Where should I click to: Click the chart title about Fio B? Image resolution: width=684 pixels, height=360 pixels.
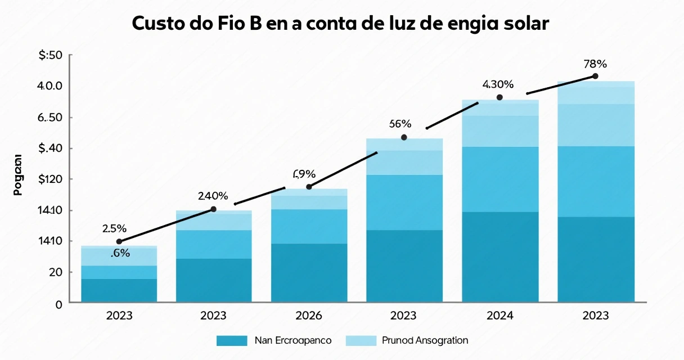click(340, 24)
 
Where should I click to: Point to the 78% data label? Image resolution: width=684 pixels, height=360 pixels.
click(595, 64)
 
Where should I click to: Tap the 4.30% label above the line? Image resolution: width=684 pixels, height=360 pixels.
click(498, 85)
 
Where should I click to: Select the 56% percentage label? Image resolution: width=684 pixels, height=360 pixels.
click(400, 124)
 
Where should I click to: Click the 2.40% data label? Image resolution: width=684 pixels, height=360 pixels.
click(213, 196)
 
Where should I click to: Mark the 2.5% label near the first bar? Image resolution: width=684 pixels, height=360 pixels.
click(114, 229)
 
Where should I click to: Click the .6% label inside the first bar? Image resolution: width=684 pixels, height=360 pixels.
click(120, 254)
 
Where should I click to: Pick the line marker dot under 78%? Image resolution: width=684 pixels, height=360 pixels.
click(595, 76)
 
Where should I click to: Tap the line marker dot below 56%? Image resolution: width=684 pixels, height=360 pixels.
click(403, 137)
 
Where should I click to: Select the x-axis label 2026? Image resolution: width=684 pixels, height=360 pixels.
click(309, 316)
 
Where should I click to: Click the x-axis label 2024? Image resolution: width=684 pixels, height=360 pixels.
click(499, 316)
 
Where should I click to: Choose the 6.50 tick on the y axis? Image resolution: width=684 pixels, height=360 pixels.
click(49, 118)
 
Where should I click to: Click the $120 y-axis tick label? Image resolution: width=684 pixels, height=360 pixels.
click(49, 179)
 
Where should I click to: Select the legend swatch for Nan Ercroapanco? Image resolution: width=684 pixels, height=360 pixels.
click(232, 340)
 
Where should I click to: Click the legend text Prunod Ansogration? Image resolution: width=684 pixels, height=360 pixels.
click(425, 340)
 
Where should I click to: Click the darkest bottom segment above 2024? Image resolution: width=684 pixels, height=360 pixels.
click(500, 256)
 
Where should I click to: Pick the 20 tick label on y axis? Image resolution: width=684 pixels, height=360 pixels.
click(53, 272)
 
